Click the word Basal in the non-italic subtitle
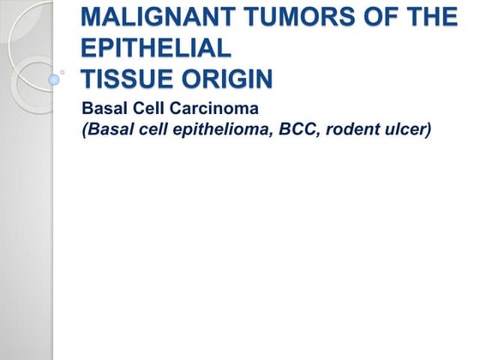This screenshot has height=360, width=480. pyautogui.click(x=102, y=110)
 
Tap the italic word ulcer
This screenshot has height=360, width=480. pyautogui.click(x=408, y=132)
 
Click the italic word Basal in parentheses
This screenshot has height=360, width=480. pyautogui.click(x=108, y=132)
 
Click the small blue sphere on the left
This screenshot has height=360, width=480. pyautogui.click(x=53, y=80)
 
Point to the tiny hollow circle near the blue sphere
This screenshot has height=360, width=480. pyautogui.click(x=63, y=72)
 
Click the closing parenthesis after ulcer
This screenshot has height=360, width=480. pyautogui.click(x=428, y=133)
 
